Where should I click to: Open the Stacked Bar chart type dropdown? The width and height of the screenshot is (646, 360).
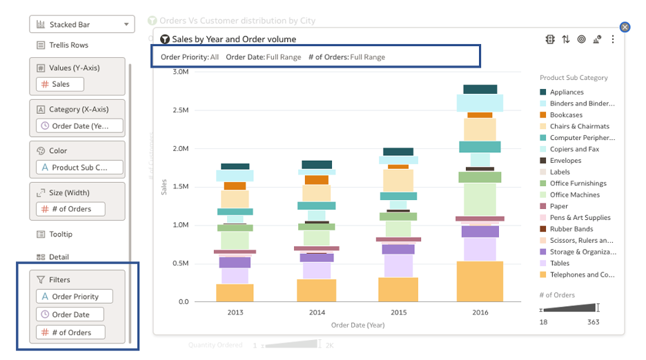(x=81, y=25)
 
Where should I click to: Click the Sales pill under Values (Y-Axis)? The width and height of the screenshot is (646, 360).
(x=60, y=84)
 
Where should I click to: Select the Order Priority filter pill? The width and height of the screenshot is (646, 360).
(x=75, y=297)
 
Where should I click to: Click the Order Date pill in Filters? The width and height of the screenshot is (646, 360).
(x=70, y=314)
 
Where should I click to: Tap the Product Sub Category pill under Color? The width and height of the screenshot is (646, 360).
(x=79, y=167)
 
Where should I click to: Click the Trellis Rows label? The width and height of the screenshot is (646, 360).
(x=68, y=46)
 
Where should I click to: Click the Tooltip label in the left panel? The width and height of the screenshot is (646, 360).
(x=61, y=234)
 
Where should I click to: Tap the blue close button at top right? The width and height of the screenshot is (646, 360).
(x=625, y=27)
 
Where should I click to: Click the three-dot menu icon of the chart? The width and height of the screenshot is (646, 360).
(x=613, y=40)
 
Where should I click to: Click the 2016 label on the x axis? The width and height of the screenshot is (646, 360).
(x=480, y=312)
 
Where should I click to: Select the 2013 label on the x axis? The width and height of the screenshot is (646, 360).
(x=235, y=312)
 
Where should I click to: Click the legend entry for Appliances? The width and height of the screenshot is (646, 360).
(x=566, y=92)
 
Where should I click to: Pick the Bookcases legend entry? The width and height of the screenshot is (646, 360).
(x=566, y=115)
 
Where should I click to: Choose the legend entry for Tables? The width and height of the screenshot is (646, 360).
(x=559, y=263)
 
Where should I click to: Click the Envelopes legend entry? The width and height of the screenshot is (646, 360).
(x=565, y=161)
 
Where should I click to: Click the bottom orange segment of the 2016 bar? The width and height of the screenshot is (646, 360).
(x=480, y=281)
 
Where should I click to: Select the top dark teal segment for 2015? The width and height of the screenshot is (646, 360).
(x=398, y=152)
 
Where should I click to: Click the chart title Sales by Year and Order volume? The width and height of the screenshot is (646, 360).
(x=234, y=39)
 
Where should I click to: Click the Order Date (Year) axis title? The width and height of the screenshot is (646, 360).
(x=358, y=325)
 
